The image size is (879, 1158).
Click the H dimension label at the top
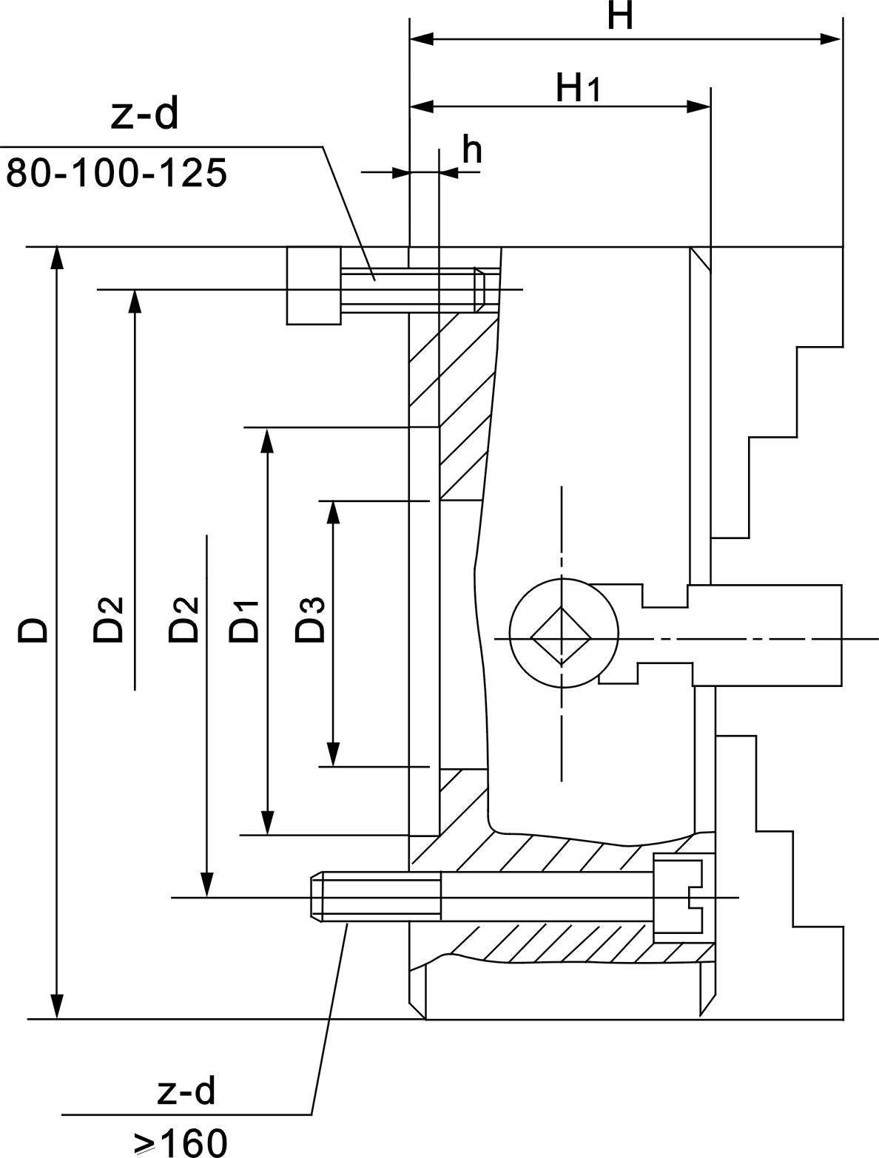point(620,16)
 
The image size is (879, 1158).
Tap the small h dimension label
point(472,151)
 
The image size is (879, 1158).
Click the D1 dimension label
point(244,620)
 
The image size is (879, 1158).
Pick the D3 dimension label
point(310,620)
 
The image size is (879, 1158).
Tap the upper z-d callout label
point(145,116)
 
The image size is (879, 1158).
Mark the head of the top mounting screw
point(314,285)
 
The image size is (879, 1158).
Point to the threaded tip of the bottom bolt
point(317,897)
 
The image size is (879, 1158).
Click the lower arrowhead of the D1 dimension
point(267,822)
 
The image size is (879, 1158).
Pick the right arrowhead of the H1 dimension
point(698,106)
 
